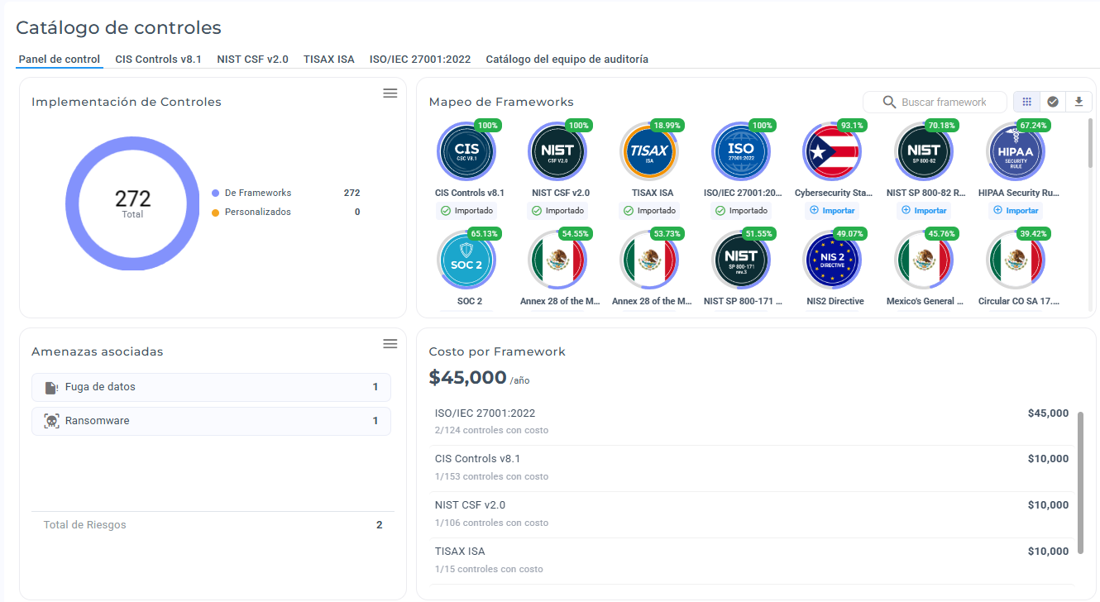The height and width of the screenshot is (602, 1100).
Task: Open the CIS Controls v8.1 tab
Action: tap(158, 60)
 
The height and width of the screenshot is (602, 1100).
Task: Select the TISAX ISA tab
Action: tap(328, 60)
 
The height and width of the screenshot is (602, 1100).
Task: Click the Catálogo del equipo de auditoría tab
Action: tap(567, 60)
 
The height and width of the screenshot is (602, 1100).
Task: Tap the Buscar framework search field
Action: tap(935, 103)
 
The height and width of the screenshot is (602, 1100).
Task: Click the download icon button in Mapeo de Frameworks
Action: tap(1078, 102)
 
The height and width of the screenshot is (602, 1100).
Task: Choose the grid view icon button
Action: tap(1027, 102)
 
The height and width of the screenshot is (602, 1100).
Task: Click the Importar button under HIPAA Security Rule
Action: tap(1016, 211)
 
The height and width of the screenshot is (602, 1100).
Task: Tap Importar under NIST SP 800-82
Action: tap(924, 211)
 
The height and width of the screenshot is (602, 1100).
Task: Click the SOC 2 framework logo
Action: tap(466, 260)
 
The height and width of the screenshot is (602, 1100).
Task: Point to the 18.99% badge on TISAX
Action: tap(667, 125)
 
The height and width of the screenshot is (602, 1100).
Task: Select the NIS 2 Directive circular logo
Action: tap(832, 260)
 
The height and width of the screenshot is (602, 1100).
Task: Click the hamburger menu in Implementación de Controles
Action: tap(390, 93)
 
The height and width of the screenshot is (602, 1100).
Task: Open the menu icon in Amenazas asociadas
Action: tap(390, 344)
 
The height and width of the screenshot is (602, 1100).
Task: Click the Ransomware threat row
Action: tap(211, 421)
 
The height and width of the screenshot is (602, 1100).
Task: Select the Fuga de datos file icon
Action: tap(51, 388)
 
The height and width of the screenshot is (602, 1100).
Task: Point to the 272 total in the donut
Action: tap(132, 198)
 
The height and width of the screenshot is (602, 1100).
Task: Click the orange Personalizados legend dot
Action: tap(215, 213)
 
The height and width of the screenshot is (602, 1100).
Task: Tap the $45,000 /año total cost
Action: tap(479, 378)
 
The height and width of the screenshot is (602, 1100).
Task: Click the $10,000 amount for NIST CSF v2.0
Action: tap(1048, 504)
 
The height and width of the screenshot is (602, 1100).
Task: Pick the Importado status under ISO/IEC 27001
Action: tap(742, 211)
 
